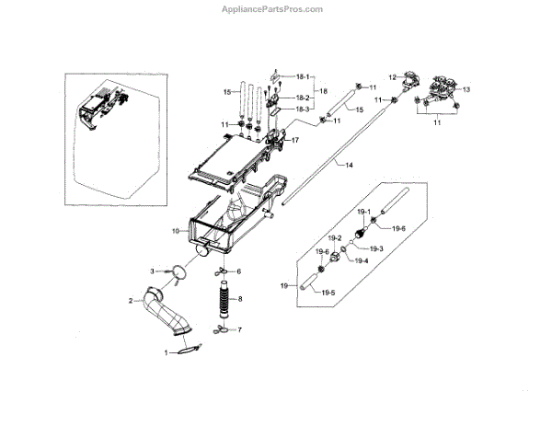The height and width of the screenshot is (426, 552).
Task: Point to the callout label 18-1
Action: [302, 76]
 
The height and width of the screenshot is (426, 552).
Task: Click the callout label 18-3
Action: [302, 109]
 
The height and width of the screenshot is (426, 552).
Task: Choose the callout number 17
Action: [295, 141]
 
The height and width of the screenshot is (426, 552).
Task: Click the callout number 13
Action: [466, 89]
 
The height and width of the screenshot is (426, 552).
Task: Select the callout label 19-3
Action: [375, 249]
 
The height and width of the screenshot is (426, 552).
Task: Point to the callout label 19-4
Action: [362, 260]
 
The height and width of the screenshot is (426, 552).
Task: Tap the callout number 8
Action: [240, 299]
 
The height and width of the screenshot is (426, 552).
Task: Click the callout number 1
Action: [167, 352]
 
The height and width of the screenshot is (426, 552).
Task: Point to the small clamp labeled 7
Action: [221, 330]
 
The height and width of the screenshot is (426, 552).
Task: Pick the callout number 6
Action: [238, 272]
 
